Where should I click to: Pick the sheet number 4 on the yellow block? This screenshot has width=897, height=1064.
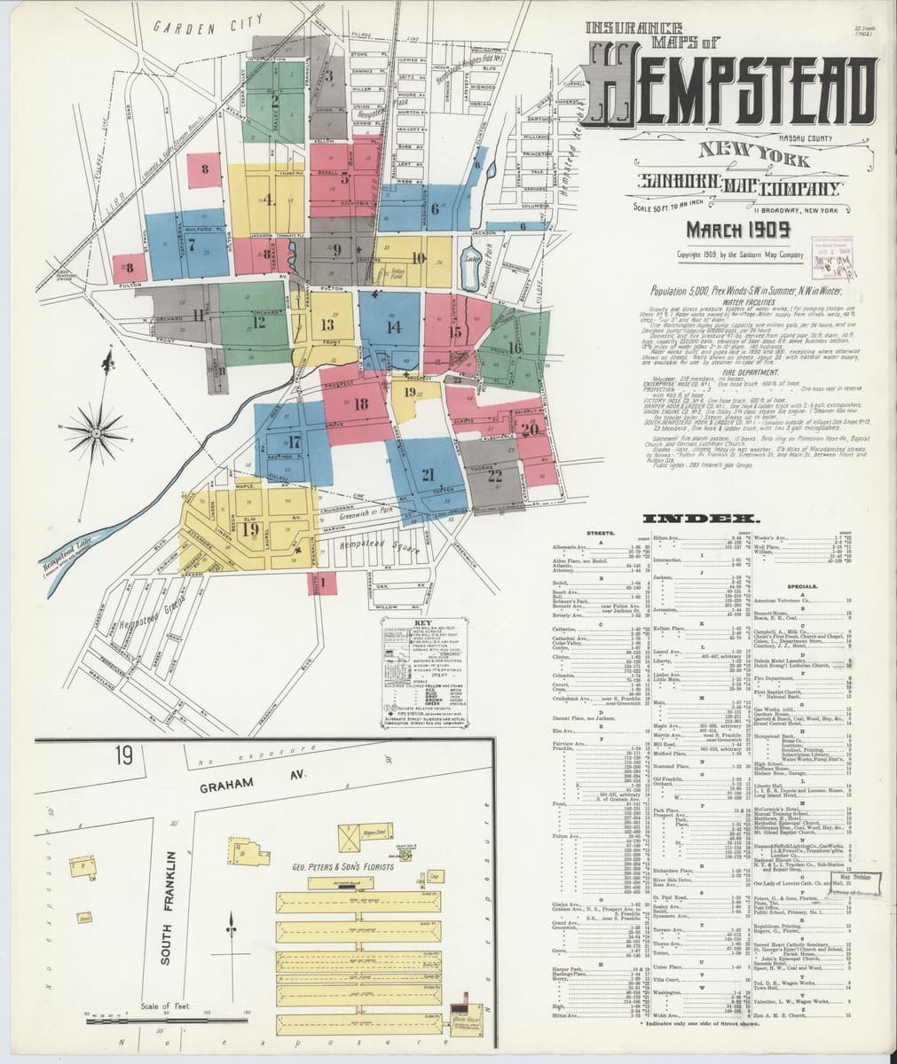pos(267,199)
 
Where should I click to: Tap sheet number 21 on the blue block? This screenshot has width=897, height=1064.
pos(428,473)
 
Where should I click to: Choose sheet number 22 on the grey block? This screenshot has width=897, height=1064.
pos(494,474)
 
